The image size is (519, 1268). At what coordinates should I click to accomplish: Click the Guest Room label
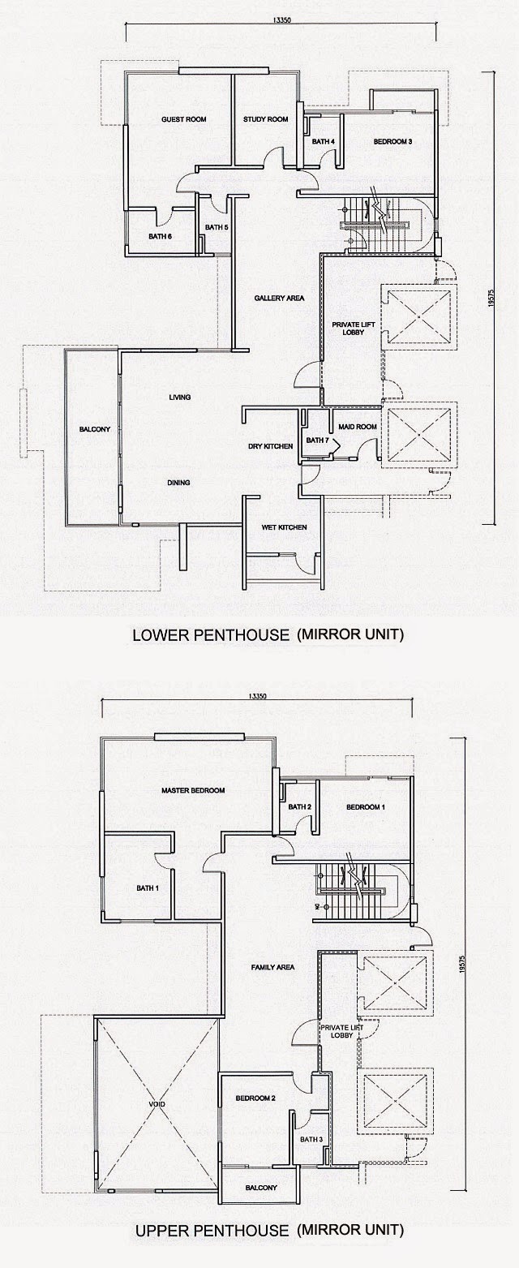point(183,119)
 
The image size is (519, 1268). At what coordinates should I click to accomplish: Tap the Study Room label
point(265,119)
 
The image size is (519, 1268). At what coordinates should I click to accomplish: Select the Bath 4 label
point(324,142)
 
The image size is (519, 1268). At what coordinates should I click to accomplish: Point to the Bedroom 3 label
point(392,142)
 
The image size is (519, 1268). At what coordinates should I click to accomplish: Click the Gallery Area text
point(278,298)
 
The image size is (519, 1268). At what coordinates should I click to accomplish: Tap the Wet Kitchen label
point(283,527)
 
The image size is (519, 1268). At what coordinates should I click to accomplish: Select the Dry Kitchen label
point(270,446)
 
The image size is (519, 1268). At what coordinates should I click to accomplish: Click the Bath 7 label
point(317,441)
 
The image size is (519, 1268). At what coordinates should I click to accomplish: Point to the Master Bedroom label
point(192,790)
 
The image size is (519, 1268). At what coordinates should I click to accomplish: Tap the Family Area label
point(272,967)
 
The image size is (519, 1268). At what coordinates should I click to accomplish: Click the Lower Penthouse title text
point(267,635)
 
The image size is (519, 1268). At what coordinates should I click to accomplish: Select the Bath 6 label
point(160,236)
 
